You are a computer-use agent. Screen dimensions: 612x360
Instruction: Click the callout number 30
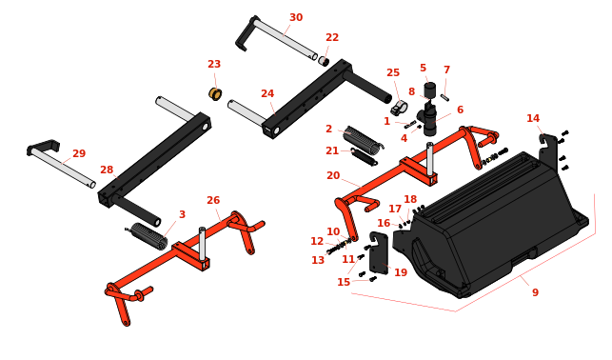point(296,17)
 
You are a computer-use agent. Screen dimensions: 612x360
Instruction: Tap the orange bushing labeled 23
point(215,93)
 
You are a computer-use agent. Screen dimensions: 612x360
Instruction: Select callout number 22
point(332,37)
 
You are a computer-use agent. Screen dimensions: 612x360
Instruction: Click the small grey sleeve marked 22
point(324,61)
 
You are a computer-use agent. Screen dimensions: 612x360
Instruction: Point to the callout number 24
point(267,93)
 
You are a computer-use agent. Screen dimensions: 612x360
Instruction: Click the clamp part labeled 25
point(400,108)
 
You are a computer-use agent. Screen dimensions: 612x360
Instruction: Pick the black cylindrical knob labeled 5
point(429,90)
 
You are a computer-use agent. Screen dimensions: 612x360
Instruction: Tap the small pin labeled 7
point(444,97)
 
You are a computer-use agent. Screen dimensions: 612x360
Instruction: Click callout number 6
point(460,110)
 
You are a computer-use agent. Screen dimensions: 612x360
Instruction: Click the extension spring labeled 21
point(364,156)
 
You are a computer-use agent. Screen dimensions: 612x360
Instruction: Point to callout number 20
point(333,175)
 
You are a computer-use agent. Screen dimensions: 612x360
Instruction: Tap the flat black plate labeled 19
point(379,253)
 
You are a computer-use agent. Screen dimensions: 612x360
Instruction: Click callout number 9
point(535,292)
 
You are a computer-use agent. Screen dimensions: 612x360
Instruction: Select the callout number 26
point(213,200)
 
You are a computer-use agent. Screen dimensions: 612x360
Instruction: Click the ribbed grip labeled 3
point(148,236)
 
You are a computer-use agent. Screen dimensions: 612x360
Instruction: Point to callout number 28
point(107,170)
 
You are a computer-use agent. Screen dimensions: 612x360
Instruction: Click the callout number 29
point(79,153)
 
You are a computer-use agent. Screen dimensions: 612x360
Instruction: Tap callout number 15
point(344,282)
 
